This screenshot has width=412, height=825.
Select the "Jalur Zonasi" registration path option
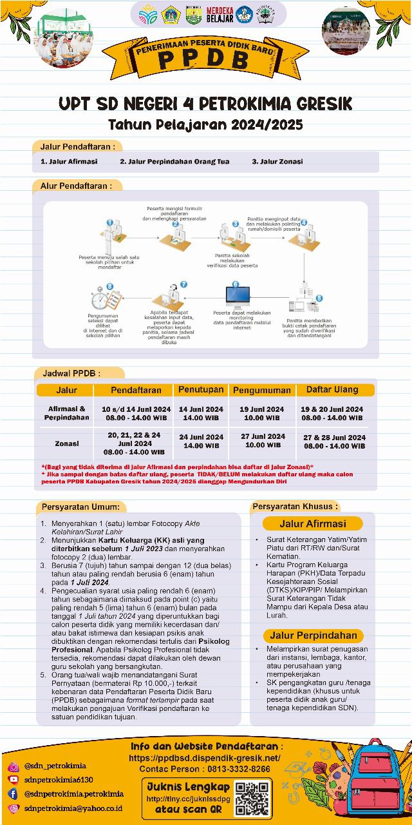pos(277,161)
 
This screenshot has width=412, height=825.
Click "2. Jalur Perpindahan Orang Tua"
pos(174,161)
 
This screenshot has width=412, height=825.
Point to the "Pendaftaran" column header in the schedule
pos(136,390)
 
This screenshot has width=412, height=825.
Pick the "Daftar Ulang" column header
pos(332,389)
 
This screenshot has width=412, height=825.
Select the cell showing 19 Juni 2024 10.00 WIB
pos(261,413)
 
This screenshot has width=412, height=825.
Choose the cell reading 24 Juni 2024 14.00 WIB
pos(201,441)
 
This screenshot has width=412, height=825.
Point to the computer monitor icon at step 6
pos(237,297)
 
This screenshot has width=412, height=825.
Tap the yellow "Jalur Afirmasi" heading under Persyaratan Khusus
pos(312,523)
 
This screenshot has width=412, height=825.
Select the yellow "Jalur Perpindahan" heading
pos(313,635)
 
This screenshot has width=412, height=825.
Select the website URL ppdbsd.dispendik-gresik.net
pos(205,758)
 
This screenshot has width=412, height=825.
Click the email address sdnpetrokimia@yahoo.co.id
pos(70,808)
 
